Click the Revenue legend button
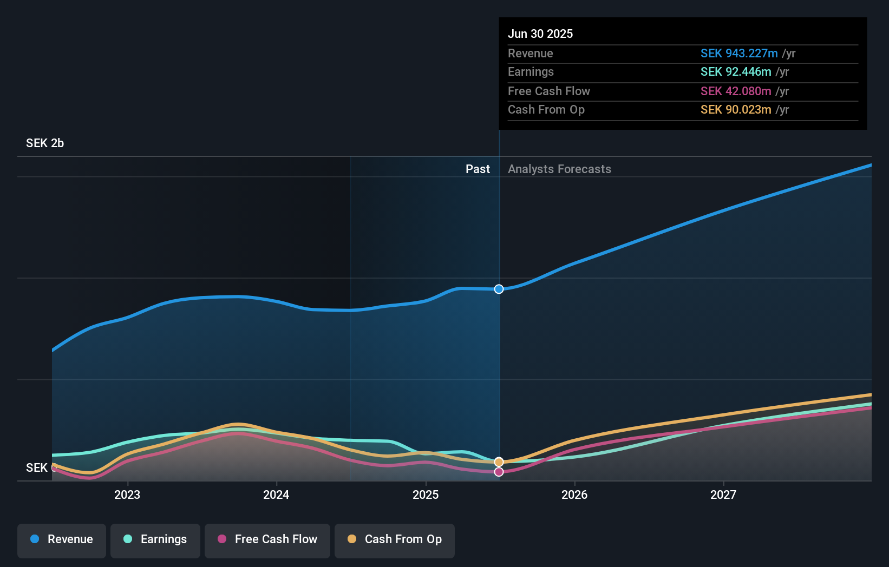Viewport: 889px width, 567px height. coord(62,539)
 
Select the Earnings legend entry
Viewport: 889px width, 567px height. coord(155,539)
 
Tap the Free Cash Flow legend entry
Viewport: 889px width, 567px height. coord(267,539)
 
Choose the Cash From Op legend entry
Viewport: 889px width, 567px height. coord(395,539)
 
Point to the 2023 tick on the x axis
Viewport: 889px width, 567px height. coord(127,495)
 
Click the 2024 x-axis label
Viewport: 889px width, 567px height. coord(276,495)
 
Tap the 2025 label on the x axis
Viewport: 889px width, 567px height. coord(426,495)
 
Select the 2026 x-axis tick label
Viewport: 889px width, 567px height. coord(574,495)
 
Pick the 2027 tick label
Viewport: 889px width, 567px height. coord(723,495)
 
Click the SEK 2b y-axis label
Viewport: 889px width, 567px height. coord(45,143)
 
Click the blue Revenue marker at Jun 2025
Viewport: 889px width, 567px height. coord(499,289)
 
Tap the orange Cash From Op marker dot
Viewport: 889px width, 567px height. coord(499,462)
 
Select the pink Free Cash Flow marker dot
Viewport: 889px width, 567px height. coord(499,472)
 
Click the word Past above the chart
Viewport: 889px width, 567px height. coord(478,169)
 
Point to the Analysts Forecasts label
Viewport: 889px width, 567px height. coord(559,169)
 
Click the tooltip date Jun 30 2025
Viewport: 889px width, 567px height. coord(540,34)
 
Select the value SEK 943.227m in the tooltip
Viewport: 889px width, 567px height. coord(739,54)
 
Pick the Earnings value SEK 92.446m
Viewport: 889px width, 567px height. coord(736,72)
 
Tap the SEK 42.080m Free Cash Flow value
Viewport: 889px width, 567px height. coord(736,91)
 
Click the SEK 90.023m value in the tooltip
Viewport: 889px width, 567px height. coord(736,110)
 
